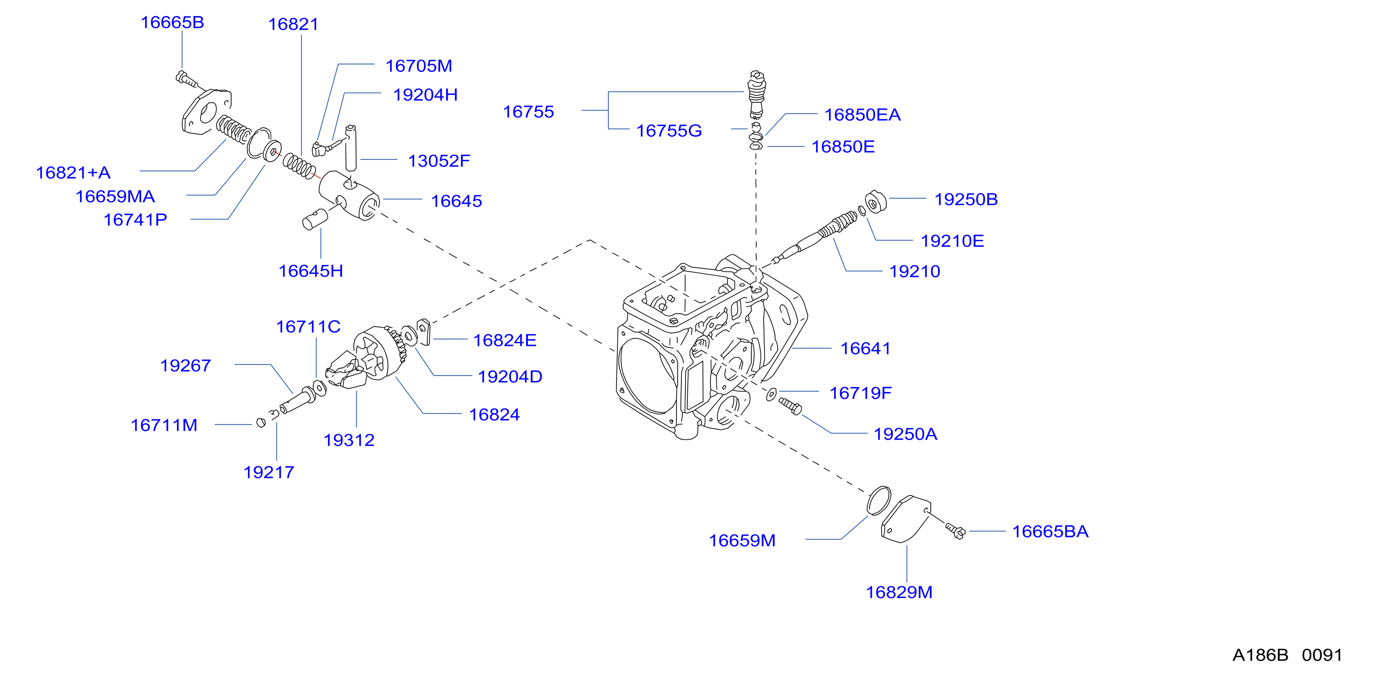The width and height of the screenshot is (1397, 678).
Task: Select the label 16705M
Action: tap(419, 66)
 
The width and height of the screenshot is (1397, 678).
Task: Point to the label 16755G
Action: tap(669, 131)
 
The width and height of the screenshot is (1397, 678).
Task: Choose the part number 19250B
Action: tap(966, 199)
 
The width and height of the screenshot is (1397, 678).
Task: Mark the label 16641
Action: tap(865, 348)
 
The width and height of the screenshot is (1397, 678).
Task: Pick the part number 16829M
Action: tap(899, 592)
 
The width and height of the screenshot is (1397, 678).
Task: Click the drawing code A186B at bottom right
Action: tap(1260, 655)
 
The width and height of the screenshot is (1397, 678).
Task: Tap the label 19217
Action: tap(269, 472)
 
